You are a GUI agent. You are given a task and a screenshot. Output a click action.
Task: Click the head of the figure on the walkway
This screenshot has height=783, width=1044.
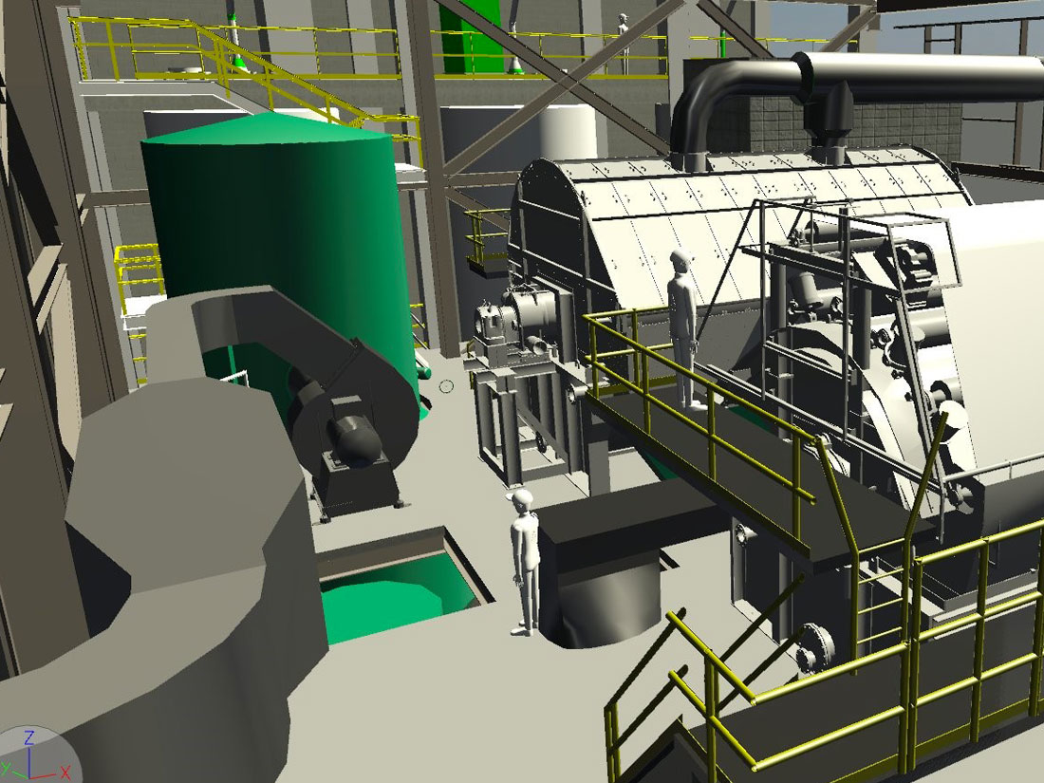681,261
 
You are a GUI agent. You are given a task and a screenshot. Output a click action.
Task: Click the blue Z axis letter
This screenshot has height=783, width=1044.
29,737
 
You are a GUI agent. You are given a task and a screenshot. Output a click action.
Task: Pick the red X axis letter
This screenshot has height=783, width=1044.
65,773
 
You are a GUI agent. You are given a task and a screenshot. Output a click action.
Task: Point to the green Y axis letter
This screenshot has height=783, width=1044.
5,771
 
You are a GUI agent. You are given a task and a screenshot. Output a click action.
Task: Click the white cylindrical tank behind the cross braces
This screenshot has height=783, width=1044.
568,132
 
